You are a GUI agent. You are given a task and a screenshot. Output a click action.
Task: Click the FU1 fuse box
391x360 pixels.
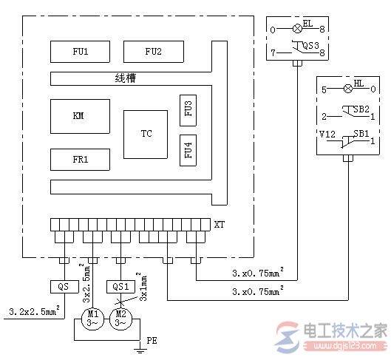(x=78, y=52)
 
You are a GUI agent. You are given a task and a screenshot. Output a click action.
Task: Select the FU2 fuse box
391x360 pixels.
(x=153, y=52)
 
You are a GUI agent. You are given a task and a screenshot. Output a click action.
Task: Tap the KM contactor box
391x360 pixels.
(x=78, y=115)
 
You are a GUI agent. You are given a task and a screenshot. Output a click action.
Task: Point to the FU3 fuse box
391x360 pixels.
(x=188, y=110)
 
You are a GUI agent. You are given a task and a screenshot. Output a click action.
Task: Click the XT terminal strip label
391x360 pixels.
(x=219, y=223)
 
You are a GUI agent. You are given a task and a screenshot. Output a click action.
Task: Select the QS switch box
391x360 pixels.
(x=62, y=286)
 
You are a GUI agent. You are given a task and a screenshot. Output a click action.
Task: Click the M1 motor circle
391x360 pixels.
(x=92, y=319)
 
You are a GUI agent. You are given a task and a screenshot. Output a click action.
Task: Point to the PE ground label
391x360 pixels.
(x=152, y=342)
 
